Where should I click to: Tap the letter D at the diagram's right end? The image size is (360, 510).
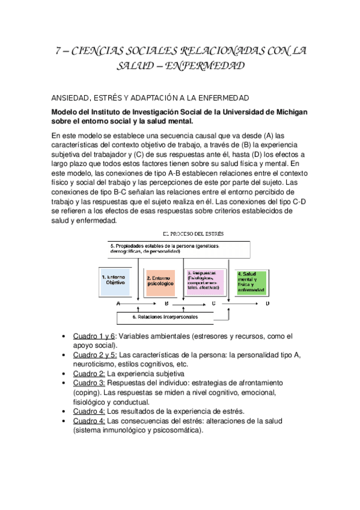coord(267,304)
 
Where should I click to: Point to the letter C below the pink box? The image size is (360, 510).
coord(213,304)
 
